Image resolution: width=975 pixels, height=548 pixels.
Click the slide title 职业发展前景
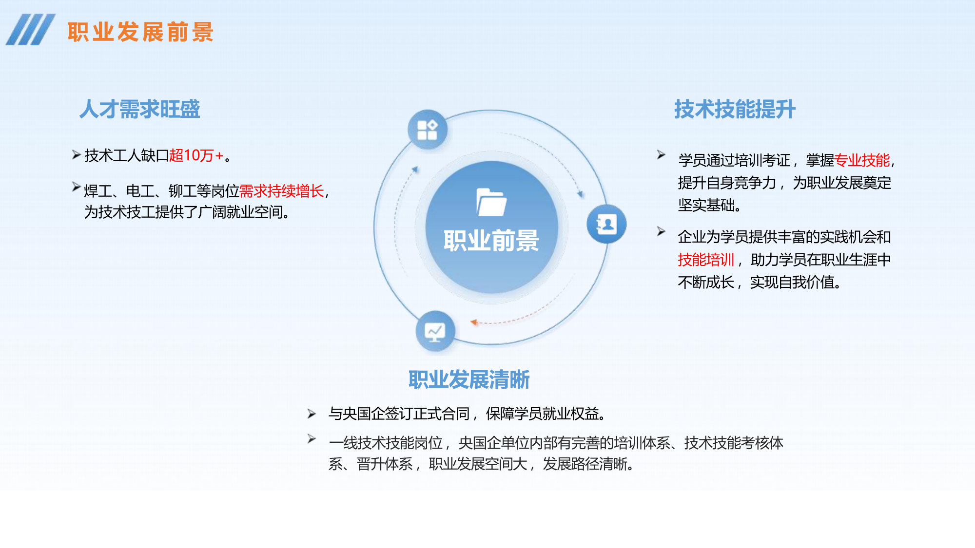click(140, 32)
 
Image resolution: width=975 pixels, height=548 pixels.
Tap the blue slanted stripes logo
click(30, 29)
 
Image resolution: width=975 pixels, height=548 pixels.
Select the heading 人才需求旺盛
click(140, 109)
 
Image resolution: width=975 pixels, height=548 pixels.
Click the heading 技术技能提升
click(735, 109)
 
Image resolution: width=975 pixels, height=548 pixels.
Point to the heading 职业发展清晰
click(469, 379)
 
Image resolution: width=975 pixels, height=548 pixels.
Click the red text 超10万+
click(196, 155)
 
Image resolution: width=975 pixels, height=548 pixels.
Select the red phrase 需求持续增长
click(281, 191)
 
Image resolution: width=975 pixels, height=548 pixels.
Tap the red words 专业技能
click(862, 160)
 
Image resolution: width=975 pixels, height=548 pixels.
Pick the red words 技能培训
click(706, 260)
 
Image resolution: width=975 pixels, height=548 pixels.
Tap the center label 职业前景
click(491, 241)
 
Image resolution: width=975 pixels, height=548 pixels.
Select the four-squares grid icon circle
click(428, 130)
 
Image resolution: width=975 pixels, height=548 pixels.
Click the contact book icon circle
click(606, 224)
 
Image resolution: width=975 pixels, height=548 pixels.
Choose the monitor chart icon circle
click(435, 331)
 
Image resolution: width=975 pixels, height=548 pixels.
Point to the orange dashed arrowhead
click(473, 321)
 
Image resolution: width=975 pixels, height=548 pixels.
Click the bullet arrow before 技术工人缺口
click(76, 155)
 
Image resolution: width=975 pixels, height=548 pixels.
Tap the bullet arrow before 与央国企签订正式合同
click(312, 414)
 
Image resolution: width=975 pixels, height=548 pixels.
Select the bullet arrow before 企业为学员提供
click(661, 231)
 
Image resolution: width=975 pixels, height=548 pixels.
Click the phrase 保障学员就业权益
click(542, 414)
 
